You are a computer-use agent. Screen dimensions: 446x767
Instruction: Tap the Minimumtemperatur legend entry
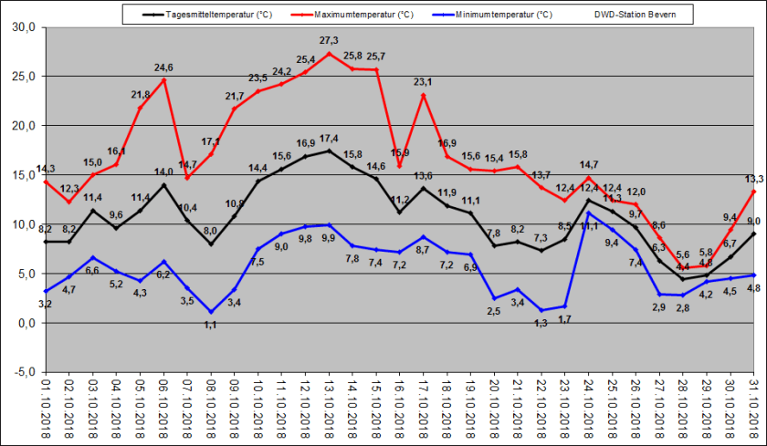coord(502,15)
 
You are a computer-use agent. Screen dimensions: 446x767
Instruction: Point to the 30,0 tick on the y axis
coord(23,27)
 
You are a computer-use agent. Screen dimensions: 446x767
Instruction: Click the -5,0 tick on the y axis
coord(23,372)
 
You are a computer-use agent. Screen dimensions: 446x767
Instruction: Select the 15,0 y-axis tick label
coord(23,175)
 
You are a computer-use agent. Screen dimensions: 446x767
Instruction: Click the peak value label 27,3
coord(329,41)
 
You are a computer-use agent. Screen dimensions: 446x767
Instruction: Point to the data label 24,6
coord(163,67)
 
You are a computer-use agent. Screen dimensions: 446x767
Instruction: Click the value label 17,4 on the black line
coord(329,139)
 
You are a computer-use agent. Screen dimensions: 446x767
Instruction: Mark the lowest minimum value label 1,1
coord(211,325)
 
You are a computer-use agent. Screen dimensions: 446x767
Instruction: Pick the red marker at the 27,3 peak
coord(329,53)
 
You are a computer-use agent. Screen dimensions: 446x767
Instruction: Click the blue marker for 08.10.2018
coord(211,312)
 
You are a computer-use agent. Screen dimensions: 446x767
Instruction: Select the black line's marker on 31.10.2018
coord(754,233)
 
